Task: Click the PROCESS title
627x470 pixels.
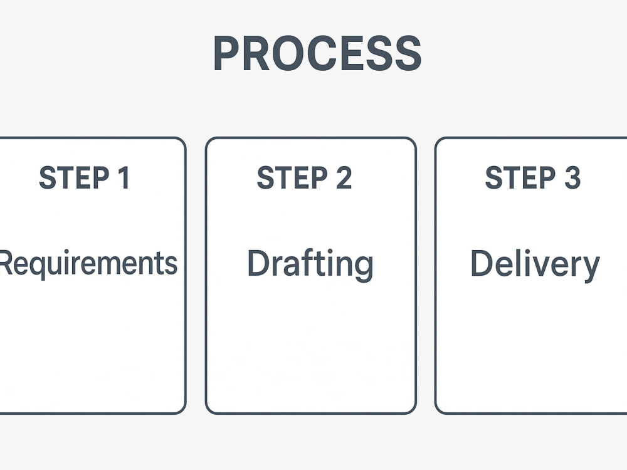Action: pyautogui.click(x=317, y=53)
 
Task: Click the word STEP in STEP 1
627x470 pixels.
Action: pyautogui.click(x=74, y=178)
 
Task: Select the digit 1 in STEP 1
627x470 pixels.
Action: pyautogui.click(x=124, y=178)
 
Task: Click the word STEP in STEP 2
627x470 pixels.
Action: pyautogui.click(x=292, y=178)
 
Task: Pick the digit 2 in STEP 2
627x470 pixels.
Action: pyautogui.click(x=344, y=178)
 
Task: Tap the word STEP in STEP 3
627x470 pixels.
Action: pyautogui.click(x=520, y=178)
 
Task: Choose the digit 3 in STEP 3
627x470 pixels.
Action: pyautogui.click(x=572, y=178)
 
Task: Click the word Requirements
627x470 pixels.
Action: pyautogui.click(x=88, y=264)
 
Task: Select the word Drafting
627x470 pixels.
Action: pyautogui.click(x=310, y=264)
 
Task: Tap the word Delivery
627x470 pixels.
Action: pyautogui.click(x=535, y=264)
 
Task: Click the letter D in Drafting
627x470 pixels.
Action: pyautogui.click(x=259, y=263)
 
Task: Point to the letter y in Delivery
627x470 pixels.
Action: pyautogui.click(x=590, y=269)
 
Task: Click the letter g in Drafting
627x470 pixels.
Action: pyautogui.click(x=364, y=269)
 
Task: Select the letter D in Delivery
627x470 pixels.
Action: pyautogui.click(x=483, y=263)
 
